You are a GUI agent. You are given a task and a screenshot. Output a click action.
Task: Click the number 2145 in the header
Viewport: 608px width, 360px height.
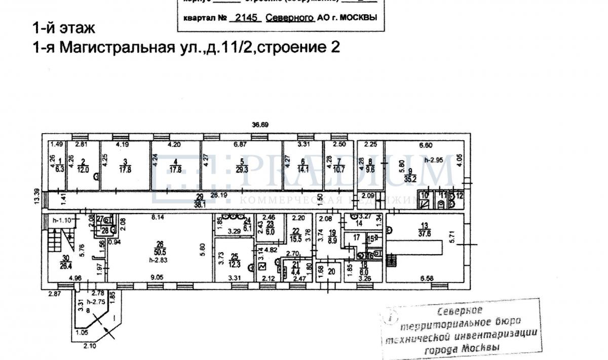pyautogui.click(x=245, y=17)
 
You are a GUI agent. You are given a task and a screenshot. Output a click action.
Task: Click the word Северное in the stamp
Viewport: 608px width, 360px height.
pyautogui.click(x=460, y=310)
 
